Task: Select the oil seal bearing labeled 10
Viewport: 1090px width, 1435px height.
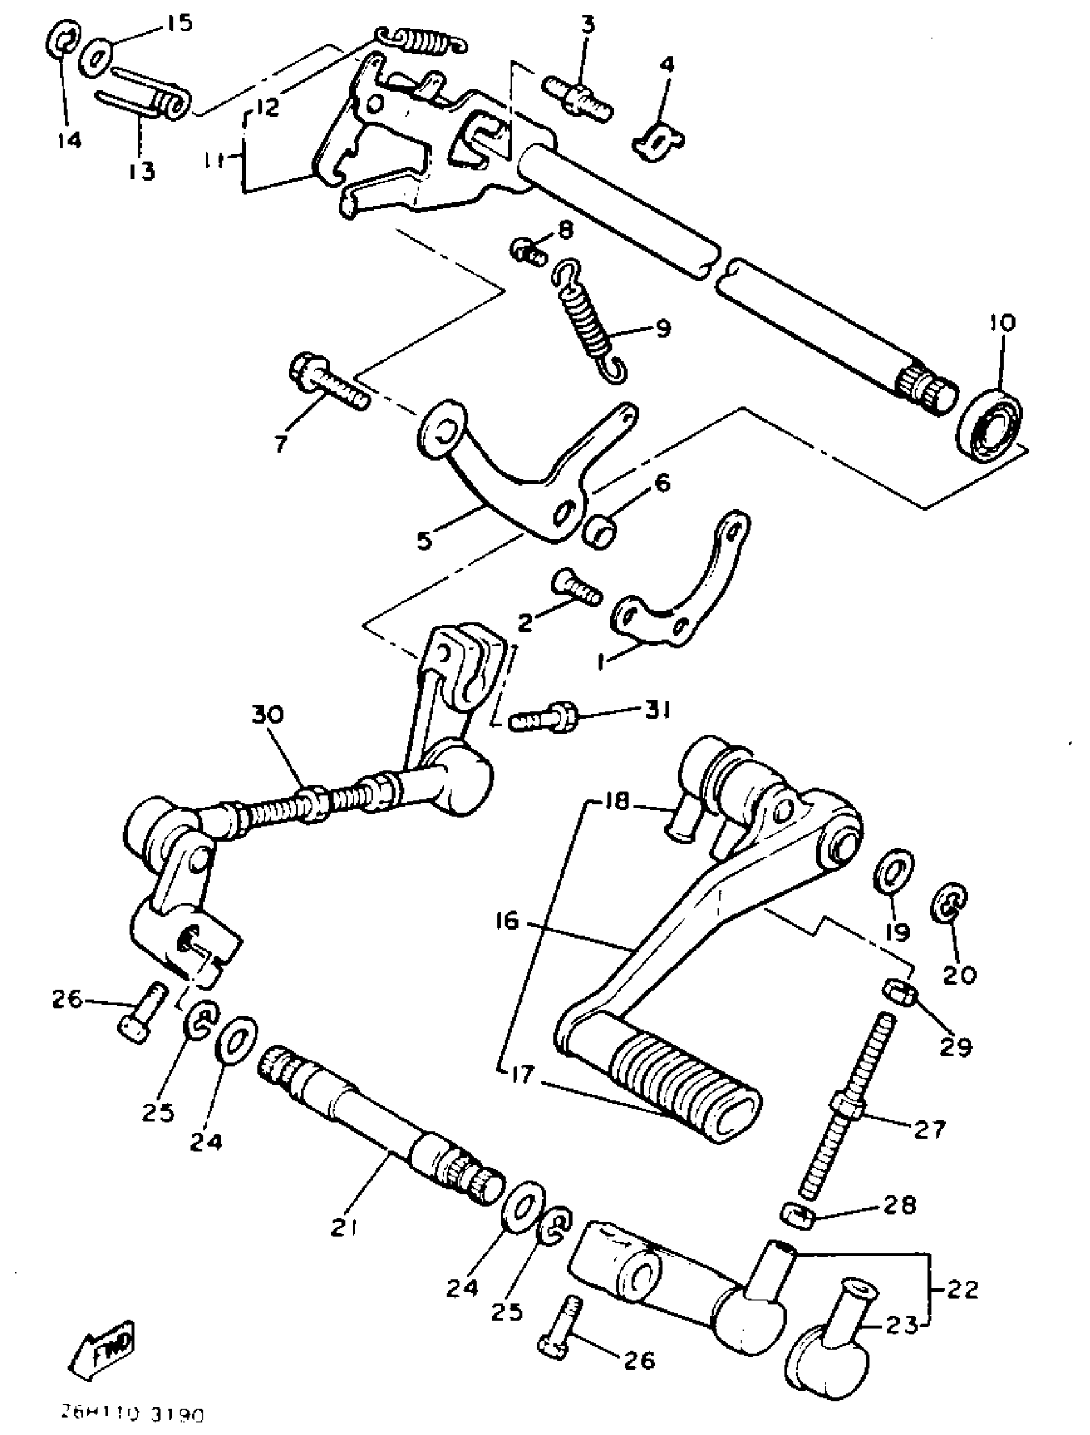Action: click(989, 423)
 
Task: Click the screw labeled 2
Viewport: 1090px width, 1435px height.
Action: click(577, 586)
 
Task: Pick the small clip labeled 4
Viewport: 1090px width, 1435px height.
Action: click(657, 141)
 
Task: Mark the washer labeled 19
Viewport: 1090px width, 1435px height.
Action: click(893, 869)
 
